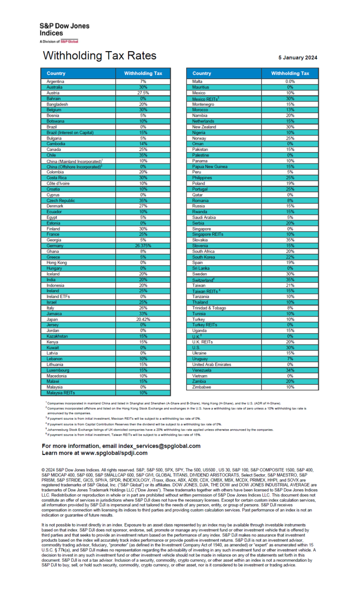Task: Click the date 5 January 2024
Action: click(298, 58)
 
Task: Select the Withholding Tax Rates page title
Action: click(99, 56)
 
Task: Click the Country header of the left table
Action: click(56, 74)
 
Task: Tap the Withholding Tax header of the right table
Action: click(290, 74)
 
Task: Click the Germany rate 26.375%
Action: click(143, 245)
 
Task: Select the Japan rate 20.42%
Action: click(143, 319)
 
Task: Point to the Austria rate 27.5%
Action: click(143, 93)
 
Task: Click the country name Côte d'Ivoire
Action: click(58, 183)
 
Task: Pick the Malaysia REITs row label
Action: click(61, 393)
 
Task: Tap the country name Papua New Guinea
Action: click(210, 166)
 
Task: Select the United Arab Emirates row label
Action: click(211, 364)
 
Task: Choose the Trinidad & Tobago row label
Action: click(209, 308)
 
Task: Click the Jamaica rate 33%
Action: click(143, 313)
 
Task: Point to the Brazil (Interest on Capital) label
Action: click(69, 133)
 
